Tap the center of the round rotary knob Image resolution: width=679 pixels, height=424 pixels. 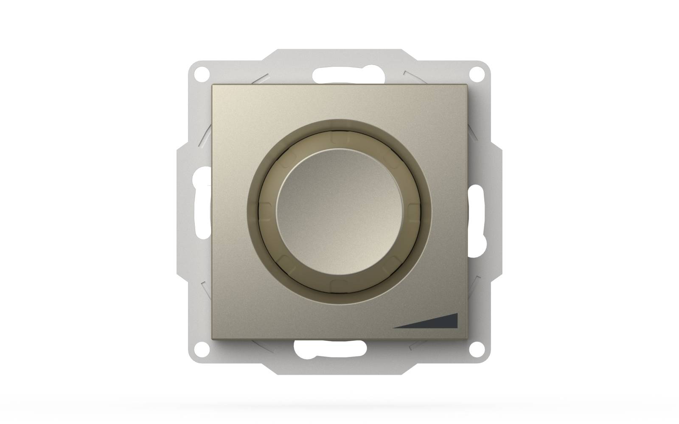coord(339,211)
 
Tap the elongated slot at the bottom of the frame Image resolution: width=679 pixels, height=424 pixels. coord(330,348)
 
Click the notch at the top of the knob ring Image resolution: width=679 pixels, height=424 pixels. coord(339,137)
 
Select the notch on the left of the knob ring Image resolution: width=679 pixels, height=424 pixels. coord(264,211)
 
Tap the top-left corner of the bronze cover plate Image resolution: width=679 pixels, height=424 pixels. coord(213,85)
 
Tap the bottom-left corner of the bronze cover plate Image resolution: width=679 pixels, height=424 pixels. coord(213,338)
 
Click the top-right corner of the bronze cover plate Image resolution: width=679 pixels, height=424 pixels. coord(466,85)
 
